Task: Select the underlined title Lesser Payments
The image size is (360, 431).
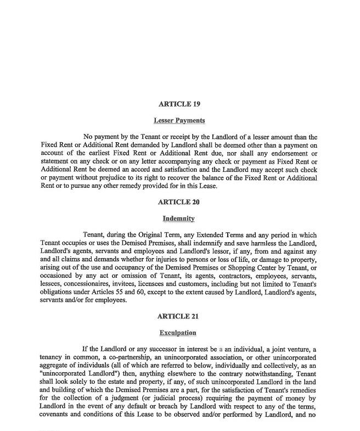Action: (179, 120)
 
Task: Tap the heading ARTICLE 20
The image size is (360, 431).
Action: (179, 202)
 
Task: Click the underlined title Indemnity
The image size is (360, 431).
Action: (179, 219)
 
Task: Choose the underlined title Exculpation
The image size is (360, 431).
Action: (178, 333)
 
